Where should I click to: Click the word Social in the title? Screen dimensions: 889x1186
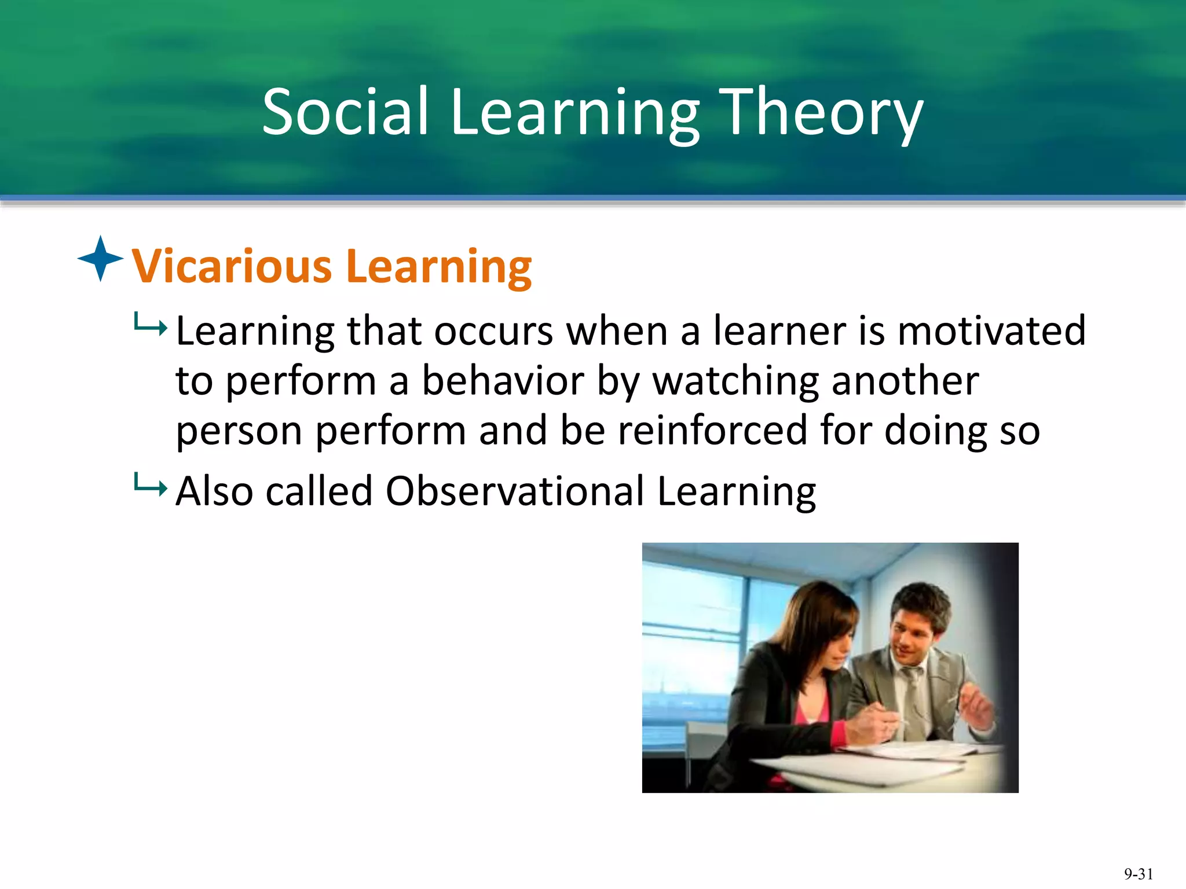click(x=345, y=111)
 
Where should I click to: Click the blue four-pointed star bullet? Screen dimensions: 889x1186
click(x=101, y=259)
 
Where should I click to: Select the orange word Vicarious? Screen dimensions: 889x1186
click(x=232, y=266)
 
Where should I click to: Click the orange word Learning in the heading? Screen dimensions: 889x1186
click(x=439, y=267)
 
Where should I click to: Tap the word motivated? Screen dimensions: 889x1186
click(x=991, y=330)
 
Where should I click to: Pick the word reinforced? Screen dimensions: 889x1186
click(x=712, y=431)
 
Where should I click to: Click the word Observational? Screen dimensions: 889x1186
click(x=514, y=491)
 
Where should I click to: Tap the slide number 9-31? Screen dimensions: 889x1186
click(x=1139, y=873)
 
